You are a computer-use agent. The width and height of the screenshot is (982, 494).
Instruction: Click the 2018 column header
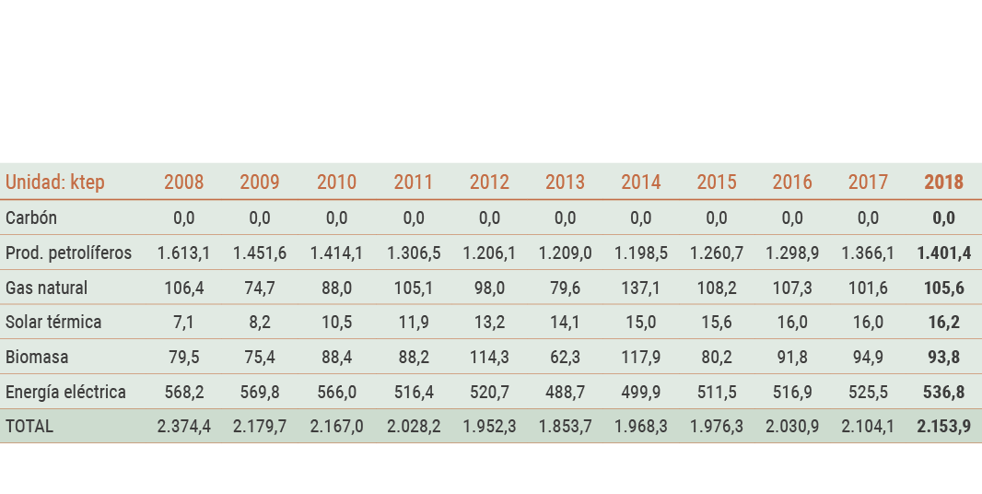click(943, 182)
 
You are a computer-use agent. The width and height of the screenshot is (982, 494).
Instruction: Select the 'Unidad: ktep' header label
click(55, 182)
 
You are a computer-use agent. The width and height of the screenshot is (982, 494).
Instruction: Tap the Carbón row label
click(31, 218)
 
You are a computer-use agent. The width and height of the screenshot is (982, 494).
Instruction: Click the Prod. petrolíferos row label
click(68, 253)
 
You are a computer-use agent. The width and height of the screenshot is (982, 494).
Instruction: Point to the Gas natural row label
click(46, 288)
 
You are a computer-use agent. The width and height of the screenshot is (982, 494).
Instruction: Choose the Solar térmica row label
click(53, 323)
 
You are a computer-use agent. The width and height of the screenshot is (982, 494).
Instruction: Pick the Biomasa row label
click(37, 357)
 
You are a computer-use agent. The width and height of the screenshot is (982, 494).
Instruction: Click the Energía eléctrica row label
click(65, 392)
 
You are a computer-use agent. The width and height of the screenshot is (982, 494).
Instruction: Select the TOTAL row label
click(29, 427)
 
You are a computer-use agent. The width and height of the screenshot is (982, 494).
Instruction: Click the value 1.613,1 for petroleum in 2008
click(183, 253)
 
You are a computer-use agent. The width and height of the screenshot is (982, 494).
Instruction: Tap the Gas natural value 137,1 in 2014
click(640, 288)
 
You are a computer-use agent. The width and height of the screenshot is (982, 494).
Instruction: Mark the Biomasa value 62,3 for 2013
click(565, 357)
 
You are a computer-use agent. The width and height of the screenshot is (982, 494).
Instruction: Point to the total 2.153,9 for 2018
click(943, 427)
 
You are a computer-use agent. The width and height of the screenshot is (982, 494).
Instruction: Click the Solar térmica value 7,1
click(183, 323)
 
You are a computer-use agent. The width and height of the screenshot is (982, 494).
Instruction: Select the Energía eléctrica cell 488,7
click(565, 392)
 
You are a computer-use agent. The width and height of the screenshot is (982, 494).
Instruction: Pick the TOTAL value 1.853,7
click(565, 427)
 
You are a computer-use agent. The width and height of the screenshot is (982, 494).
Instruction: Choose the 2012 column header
click(489, 182)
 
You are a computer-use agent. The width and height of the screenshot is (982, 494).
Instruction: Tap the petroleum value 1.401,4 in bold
click(943, 253)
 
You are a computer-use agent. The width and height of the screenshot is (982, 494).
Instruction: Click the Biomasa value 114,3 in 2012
click(489, 357)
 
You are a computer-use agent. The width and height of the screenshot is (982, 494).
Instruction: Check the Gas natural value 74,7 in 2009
click(260, 288)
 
